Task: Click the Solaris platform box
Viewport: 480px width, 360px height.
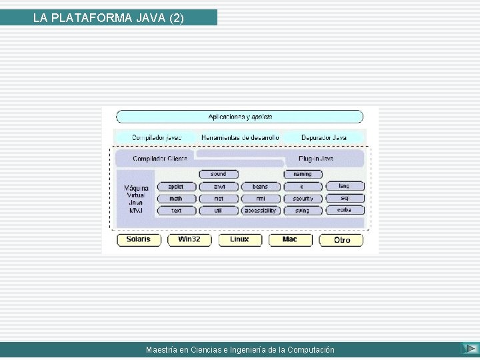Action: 138,240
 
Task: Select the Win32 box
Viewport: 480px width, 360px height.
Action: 189,240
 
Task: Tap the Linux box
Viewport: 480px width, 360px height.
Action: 239,240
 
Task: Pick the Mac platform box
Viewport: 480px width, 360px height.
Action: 290,240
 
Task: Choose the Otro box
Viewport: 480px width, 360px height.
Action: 342,240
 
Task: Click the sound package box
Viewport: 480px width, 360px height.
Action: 218,175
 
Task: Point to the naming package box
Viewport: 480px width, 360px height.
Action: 302,175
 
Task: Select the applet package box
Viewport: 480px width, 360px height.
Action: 176,187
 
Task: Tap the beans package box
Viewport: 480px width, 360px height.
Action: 260,187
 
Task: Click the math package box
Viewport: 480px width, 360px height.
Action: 176,199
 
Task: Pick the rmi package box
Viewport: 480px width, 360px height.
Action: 260,199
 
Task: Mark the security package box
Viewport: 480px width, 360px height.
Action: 302,199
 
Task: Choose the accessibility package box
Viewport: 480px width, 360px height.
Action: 260,211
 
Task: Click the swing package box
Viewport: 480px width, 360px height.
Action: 302,211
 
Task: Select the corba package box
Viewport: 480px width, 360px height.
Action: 344,210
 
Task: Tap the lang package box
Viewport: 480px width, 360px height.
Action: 344,187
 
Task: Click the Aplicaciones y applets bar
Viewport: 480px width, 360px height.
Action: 241,117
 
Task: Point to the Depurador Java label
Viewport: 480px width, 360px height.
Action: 324,137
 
